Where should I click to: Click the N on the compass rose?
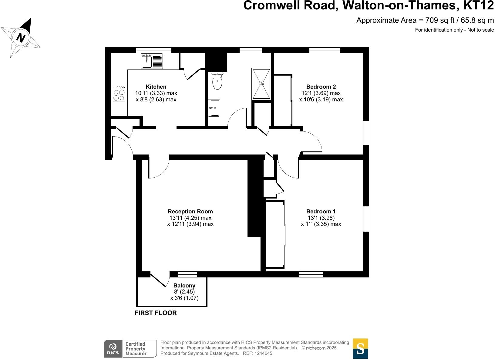click(21, 38)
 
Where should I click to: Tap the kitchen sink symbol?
click(152, 61)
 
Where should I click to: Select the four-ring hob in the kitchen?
click(119, 94)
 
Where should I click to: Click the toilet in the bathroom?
click(217, 81)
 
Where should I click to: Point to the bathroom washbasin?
click(214, 108)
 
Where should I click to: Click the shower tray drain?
click(261, 83)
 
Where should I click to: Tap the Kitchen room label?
click(156, 87)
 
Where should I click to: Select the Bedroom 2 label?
click(321, 87)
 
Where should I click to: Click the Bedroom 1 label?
click(321, 212)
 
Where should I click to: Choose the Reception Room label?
click(190, 212)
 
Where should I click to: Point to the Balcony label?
click(184, 286)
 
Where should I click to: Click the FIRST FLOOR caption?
click(156, 313)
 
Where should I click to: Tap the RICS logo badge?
click(113, 348)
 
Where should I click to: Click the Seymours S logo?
click(360, 348)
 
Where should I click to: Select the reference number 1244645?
click(264, 353)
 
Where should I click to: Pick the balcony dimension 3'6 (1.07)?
click(184, 298)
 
